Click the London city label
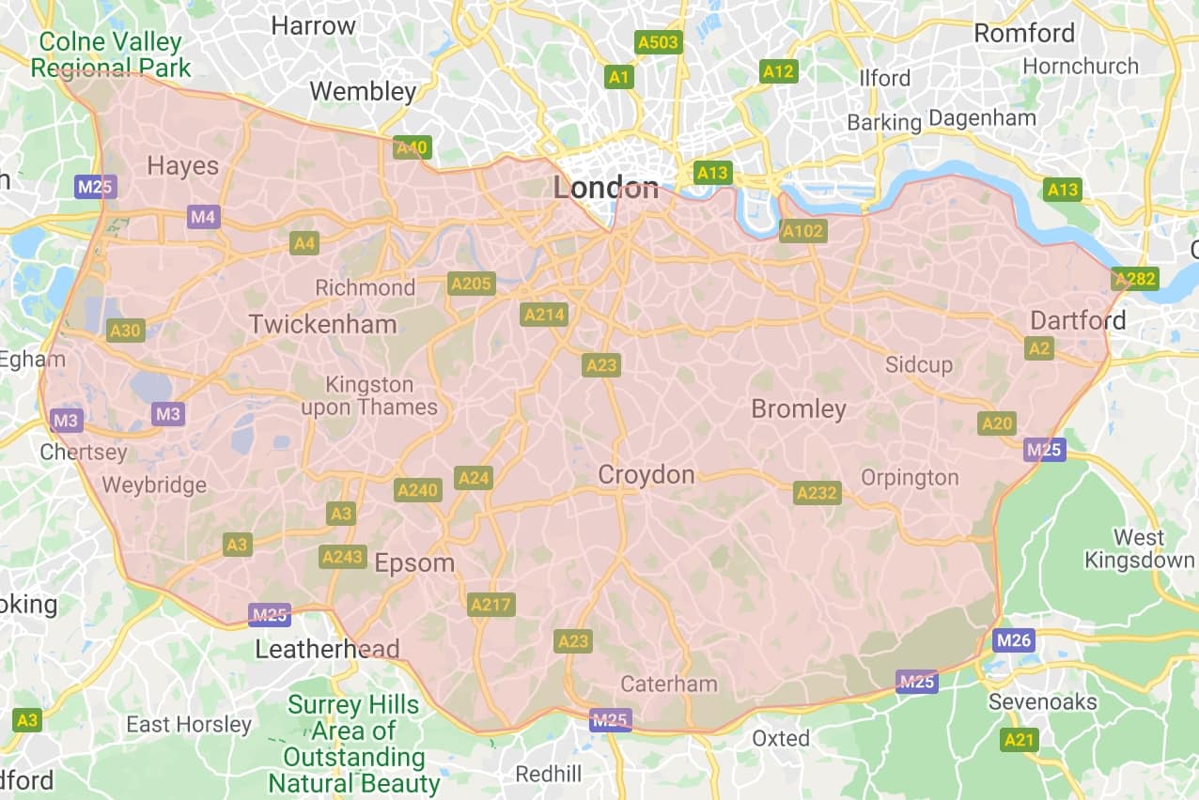click(605, 188)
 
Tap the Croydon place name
click(646, 475)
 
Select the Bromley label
click(799, 409)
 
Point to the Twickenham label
click(322, 325)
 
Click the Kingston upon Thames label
click(369, 395)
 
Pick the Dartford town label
click(1078, 320)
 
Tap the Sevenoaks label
click(1041, 702)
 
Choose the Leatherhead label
click(328, 649)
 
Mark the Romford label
click(1024, 33)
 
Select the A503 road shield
click(658, 43)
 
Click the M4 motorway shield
click(203, 218)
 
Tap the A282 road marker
click(1134, 279)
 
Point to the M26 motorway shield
click(1013, 641)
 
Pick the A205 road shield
click(471, 284)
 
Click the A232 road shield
click(817, 493)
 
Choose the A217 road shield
click(490, 605)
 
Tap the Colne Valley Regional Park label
click(111, 54)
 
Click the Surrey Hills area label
click(354, 744)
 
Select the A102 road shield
click(803, 231)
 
